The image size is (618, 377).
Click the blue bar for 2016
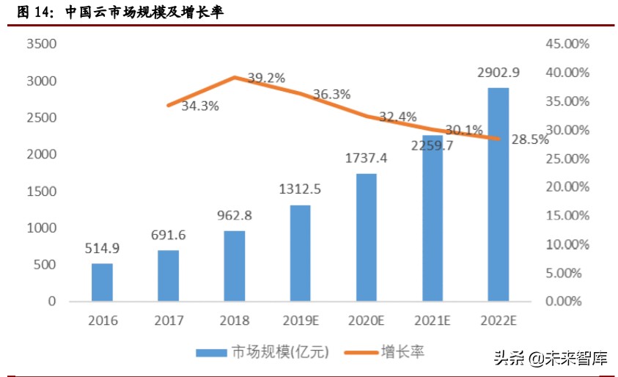click(x=103, y=282)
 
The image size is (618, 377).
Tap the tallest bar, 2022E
click(x=499, y=194)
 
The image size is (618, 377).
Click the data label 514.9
click(x=102, y=249)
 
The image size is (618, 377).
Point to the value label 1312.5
click(x=301, y=190)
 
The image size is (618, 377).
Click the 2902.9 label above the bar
click(x=498, y=73)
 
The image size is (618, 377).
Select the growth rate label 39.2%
click(x=266, y=78)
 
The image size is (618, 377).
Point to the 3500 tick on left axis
click(x=41, y=44)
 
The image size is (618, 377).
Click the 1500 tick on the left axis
click(x=41, y=191)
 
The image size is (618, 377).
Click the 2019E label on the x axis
click(x=301, y=321)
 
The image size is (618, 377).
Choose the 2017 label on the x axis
click(x=169, y=321)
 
